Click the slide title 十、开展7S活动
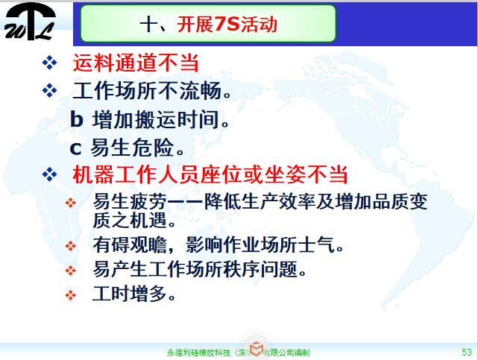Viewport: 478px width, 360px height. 208,25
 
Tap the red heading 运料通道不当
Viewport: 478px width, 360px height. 136,63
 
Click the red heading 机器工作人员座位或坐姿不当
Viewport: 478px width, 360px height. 210,175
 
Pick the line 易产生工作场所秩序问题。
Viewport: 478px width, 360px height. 200,268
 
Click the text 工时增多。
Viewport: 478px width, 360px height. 135,293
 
